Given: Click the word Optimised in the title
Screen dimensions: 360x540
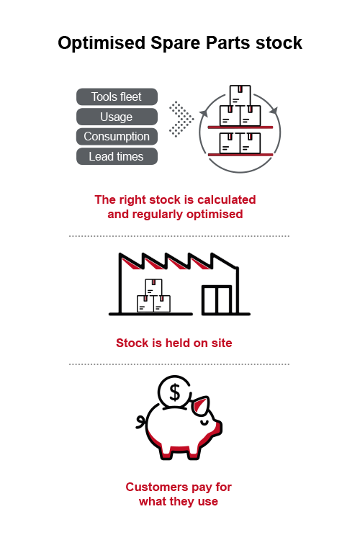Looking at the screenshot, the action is (102, 44).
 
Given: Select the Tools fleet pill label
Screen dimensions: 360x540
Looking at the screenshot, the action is (117, 96).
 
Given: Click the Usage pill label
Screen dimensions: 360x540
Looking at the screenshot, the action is (117, 117).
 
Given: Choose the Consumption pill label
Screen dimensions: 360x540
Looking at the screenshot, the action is (117, 136).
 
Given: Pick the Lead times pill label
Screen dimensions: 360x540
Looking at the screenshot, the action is (117, 156).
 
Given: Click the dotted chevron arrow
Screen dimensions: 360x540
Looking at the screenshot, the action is (181, 119).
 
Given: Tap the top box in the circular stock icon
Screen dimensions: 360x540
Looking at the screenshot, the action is (240, 95).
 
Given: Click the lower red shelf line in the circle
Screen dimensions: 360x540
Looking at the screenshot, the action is (240, 155).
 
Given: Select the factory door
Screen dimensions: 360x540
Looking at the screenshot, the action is (216, 300).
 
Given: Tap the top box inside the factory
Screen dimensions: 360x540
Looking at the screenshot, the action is (153, 287).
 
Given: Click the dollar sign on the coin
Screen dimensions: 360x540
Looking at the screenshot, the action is (175, 392).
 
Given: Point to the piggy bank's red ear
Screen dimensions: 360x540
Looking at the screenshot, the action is (200, 405).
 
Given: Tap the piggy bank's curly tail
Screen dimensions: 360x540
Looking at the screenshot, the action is (141, 422).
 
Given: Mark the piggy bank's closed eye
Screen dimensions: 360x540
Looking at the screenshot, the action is (204, 421).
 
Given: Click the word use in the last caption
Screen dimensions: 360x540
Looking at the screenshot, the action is (208, 502).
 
